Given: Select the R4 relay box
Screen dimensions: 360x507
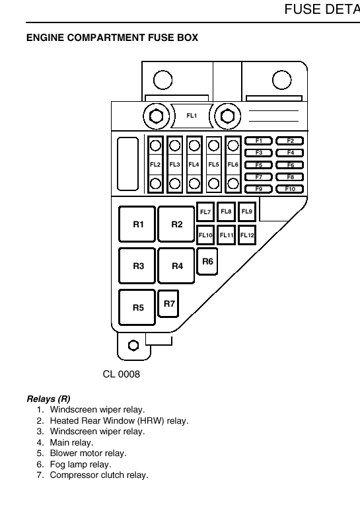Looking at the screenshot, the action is coord(176,266).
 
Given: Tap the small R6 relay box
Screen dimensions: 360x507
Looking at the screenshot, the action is coord(207,262).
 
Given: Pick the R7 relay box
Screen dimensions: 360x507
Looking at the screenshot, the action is coord(168,303).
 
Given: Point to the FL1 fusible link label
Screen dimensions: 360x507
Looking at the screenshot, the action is coord(192,116).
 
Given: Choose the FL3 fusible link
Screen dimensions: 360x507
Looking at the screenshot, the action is coord(175,165).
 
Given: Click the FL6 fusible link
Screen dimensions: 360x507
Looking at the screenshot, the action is coord(233,165).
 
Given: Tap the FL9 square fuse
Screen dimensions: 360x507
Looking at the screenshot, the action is coord(247,212).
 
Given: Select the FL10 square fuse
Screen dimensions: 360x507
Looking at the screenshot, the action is coord(205,235).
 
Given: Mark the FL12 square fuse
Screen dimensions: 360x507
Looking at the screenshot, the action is coord(247,235).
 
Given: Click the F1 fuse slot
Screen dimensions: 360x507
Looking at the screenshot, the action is coord(258,141).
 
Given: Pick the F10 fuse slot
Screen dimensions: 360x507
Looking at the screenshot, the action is coord(290,189).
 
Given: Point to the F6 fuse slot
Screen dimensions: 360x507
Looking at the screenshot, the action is coord(290,165).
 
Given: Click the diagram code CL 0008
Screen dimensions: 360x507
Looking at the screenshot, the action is coord(121,374).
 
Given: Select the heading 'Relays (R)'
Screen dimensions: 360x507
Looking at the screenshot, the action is coord(48,399).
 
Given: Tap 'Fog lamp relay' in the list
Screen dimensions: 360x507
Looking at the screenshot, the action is coord(80,464).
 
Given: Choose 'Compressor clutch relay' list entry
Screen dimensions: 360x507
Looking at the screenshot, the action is coord(98,475).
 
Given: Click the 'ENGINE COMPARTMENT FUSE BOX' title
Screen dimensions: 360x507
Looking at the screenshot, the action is coord(112,38).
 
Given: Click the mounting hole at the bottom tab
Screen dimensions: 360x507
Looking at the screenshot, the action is coord(133,345).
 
